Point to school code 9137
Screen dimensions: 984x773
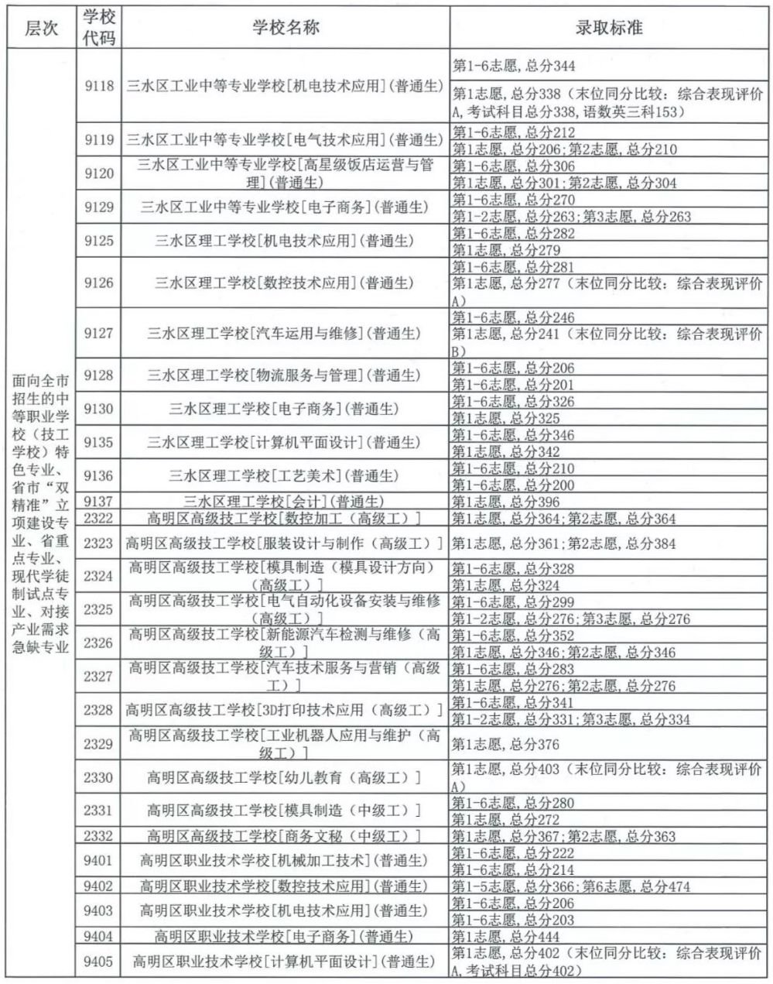point(99,502)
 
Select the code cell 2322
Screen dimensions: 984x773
point(99,519)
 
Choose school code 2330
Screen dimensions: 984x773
point(99,777)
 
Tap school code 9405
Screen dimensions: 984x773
point(99,962)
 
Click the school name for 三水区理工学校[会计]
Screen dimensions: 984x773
point(286,502)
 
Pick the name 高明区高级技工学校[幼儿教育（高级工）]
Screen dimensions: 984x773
point(286,777)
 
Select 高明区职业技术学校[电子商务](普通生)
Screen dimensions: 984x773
point(286,937)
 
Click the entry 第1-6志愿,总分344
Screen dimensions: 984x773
point(514,67)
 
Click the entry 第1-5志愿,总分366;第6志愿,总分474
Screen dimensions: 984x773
point(571,886)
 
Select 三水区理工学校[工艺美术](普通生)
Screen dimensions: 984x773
point(286,475)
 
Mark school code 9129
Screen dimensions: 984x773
point(99,207)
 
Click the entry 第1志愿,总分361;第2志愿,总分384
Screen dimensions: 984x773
point(563,543)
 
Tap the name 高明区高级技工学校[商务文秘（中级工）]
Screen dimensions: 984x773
point(286,836)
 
